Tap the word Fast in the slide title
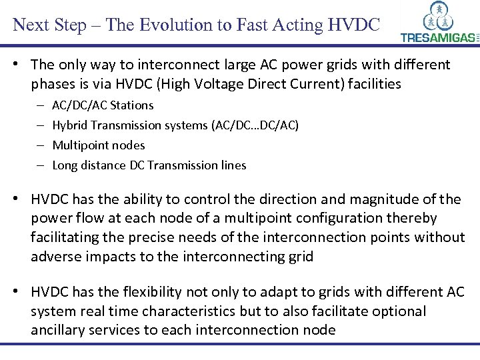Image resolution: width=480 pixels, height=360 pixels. point(227,25)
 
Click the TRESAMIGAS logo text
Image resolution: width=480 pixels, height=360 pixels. point(439,38)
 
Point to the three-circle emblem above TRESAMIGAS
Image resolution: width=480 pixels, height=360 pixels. point(438,17)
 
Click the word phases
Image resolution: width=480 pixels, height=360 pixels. point(51,84)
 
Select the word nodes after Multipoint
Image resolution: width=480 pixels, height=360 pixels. point(129,145)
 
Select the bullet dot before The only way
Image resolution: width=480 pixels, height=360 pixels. point(21,65)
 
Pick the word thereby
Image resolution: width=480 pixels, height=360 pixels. point(412,219)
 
